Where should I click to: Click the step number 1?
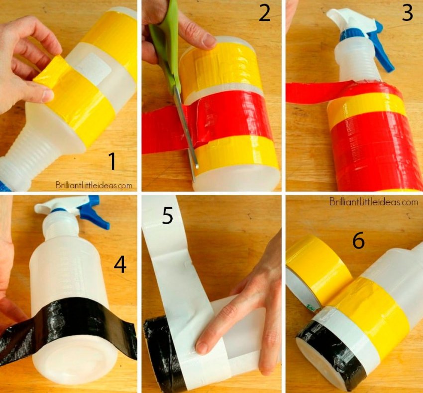(x=112, y=161)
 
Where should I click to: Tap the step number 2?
(x=265, y=13)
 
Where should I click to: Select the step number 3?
(x=408, y=13)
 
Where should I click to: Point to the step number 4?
(x=120, y=264)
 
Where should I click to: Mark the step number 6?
(x=359, y=241)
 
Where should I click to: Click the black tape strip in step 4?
(x=68, y=321)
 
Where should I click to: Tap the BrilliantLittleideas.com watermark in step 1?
(x=94, y=185)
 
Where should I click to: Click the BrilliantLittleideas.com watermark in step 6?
(x=374, y=202)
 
